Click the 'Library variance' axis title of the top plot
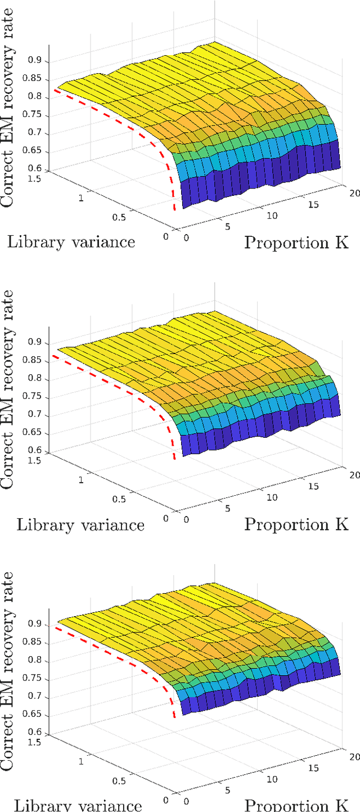(x=71, y=242)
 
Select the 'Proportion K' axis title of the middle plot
(x=296, y=524)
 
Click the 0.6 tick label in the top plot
(x=40, y=168)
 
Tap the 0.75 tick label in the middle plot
(x=38, y=398)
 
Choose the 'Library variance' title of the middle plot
(x=80, y=524)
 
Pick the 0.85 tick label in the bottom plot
(x=38, y=643)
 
